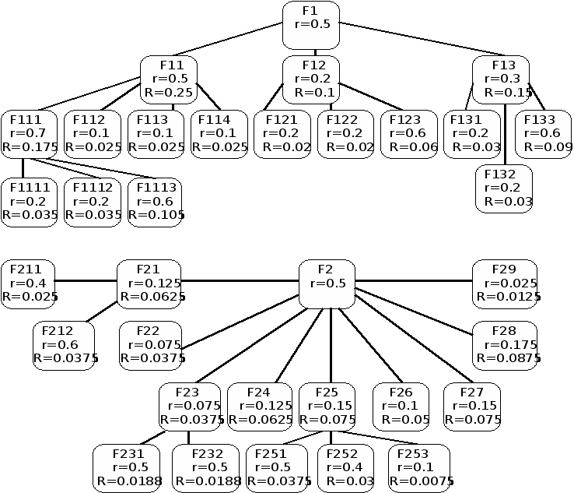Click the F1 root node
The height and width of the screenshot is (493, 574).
tap(310, 25)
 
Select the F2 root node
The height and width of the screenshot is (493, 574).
tap(327, 283)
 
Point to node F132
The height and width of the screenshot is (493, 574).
tap(504, 188)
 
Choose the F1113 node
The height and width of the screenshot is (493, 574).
tap(156, 202)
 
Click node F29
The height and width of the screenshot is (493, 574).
tap(504, 283)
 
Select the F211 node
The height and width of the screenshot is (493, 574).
tap(29, 283)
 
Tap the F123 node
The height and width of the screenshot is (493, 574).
tap(408, 134)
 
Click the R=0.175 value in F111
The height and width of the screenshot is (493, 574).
tap(30, 146)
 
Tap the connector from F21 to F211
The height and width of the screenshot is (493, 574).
tap(86, 280)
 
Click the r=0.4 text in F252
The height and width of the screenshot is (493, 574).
tap(345, 468)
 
